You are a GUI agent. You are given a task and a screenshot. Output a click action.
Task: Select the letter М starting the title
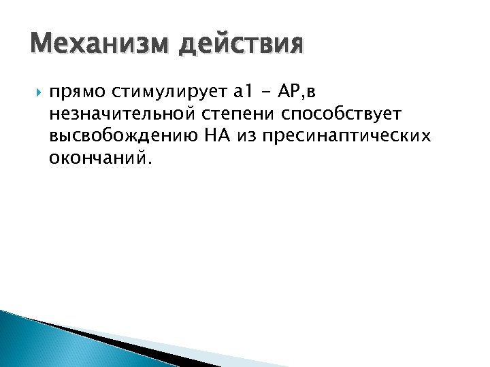click(41, 46)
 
